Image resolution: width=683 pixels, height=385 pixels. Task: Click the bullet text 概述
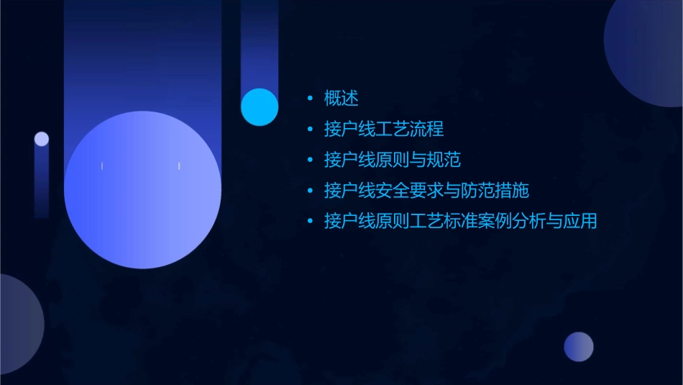341,98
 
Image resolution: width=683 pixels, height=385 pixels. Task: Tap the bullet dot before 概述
310,98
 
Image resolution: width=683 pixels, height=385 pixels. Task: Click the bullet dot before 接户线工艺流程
310,130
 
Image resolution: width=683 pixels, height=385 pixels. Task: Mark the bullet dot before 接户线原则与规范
310,160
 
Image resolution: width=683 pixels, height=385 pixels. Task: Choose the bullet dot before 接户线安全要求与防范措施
310,191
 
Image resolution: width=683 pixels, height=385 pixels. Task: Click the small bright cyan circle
260,107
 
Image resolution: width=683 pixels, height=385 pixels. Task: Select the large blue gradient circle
142,190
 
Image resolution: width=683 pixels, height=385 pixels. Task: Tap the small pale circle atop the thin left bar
42,139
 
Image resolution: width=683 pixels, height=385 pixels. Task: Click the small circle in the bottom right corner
579,347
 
